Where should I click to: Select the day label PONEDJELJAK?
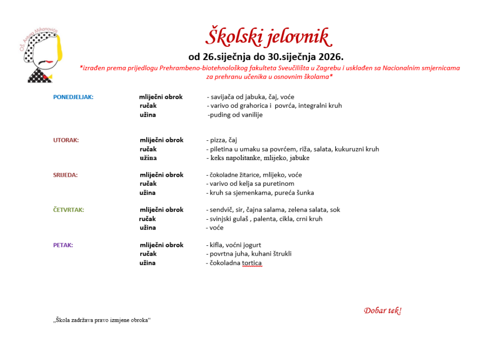click(73, 97)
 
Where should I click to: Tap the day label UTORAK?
click(66, 140)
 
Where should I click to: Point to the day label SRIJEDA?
click(65, 175)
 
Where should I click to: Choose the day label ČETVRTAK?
click(68, 210)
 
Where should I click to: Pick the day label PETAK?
click(63, 245)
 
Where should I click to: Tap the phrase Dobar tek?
click(382, 311)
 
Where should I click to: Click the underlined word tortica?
click(252, 263)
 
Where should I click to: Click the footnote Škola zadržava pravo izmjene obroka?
click(102, 320)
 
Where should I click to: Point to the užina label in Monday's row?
click(148, 115)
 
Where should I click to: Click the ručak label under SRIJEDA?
click(148, 184)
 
